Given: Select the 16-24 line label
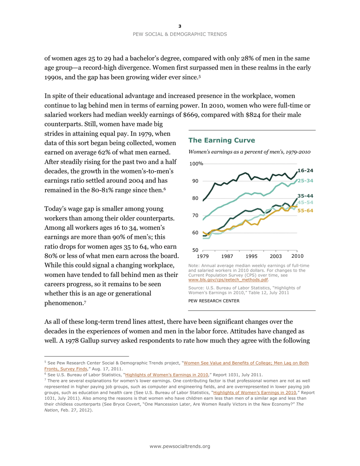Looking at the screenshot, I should pyautogui.click(x=305, y=171).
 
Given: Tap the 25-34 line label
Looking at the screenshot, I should pyautogui.click(x=305, y=181).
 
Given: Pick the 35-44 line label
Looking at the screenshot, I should pyautogui.click(x=305, y=196).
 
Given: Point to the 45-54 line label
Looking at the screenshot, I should pyautogui.click(x=305, y=203).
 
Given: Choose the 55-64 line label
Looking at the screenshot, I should pyautogui.click(x=305, y=210).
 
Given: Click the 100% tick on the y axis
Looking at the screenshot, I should pyautogui.click(x=196, y=164).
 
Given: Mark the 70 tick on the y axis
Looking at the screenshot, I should pyautogui.click(x=195, y=216).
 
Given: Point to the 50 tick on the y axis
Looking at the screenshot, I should pyautogui.click(x=195, y=250).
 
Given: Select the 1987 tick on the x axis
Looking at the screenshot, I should pyautogui.click(x=227, y=256).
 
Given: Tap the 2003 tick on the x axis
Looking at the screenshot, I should pyautogui.click(x=275, y=256).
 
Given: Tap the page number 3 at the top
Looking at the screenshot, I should pyautogui.click(x=180, y=26).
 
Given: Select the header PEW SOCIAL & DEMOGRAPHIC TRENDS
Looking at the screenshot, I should pyautogui.click(x=180, y=34).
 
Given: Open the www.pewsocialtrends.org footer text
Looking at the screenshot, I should pyautogui.click(x=180, y=447).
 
